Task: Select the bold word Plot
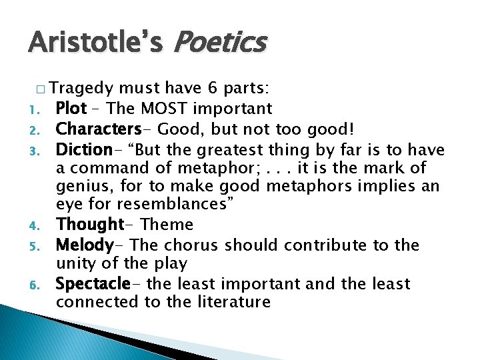point(72,108)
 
